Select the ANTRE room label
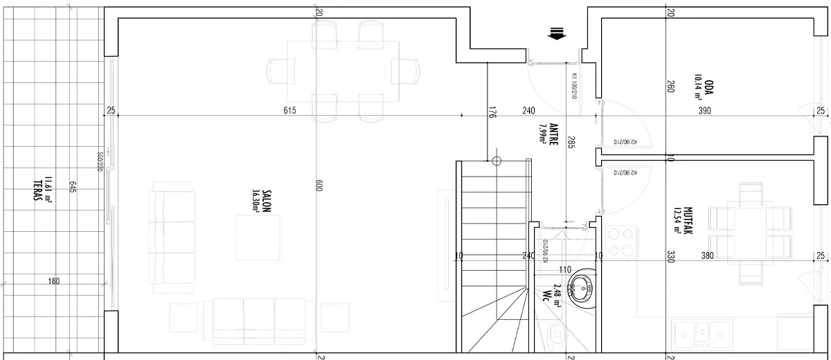(x=554, y=135)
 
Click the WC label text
(x=547, y=296)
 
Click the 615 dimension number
(x=289, y=111)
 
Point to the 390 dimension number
(x=704, y=111)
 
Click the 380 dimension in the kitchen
(x=707, y=255)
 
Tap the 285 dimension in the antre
(x=571, y=143)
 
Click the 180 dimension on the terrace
(x=54, y=281)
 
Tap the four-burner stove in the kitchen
(x=621, y=242)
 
